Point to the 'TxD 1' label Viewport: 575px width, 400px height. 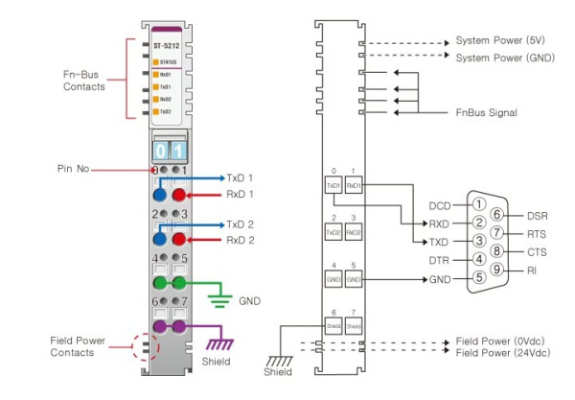[239, 177]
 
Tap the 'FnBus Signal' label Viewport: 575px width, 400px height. [483, 112]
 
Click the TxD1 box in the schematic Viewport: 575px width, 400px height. [334, 184]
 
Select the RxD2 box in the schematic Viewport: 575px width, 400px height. [354, 232]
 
